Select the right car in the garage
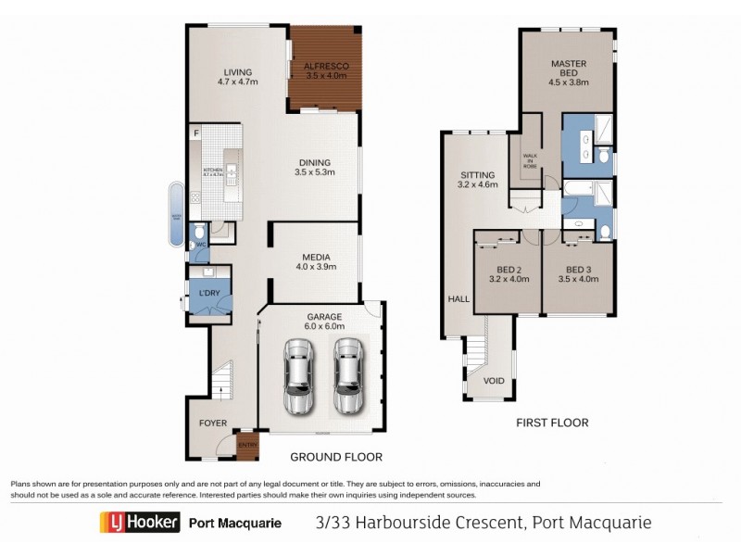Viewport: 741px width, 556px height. click(347, 376)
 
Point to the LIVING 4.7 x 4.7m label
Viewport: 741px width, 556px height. click(237, 76)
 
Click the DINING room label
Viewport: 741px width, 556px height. click(314, 166)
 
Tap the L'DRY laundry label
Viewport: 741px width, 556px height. click(209, 294)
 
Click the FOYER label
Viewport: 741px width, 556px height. click(213, 423)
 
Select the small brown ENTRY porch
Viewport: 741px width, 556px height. click(247, 446)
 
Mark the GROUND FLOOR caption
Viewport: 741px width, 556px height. click(336, 457)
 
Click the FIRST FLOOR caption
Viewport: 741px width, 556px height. click(552, 423)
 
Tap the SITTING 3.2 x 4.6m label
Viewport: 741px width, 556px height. click(478, 180)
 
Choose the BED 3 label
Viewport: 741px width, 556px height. click(578, 277)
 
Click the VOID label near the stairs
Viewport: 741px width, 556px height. click(494, 381)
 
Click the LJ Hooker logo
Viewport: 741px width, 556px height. click(139, 523)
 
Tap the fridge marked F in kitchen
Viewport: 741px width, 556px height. click(196, 135)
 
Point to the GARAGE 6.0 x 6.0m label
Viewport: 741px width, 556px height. click(325, 322)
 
